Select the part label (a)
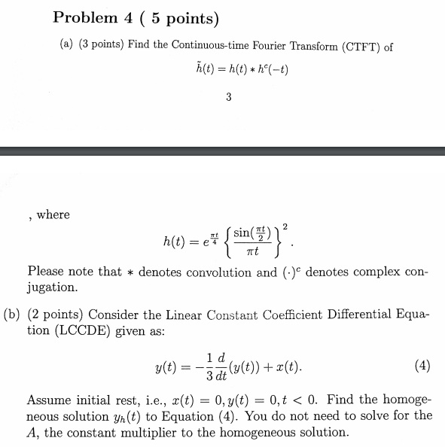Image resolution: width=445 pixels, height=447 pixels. point(68,46)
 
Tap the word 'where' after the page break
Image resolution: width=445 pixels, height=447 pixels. point(53,214)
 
